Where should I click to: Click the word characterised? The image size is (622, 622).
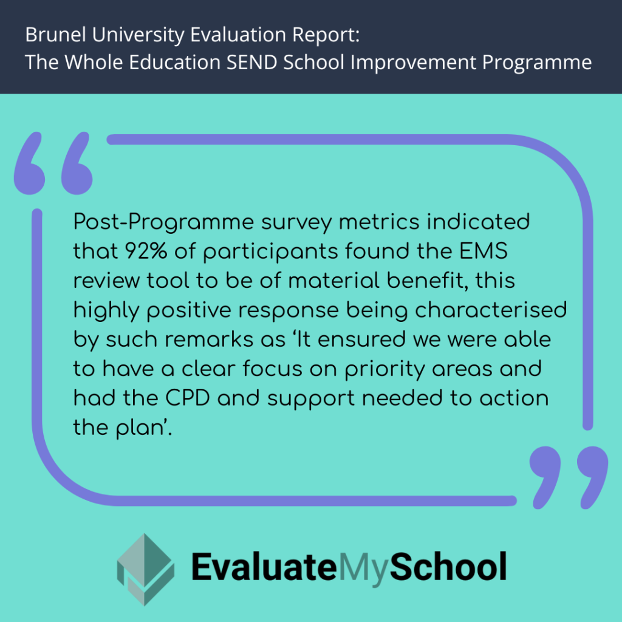500,310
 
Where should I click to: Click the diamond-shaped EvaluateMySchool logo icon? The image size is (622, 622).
145,569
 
